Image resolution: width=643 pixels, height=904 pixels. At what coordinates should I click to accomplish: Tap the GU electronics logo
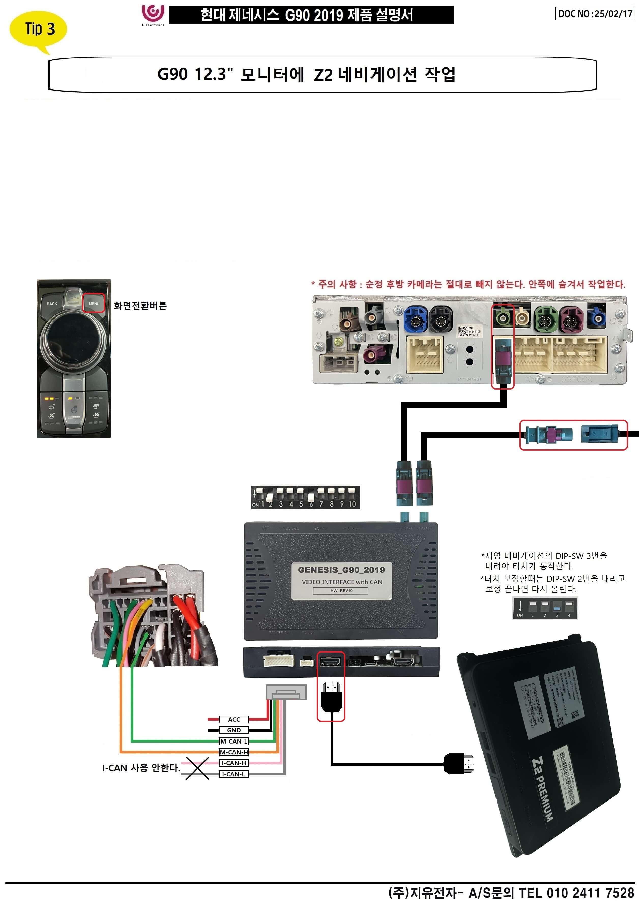(153, 15)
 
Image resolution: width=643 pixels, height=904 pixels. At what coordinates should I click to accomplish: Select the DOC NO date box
(594, 14)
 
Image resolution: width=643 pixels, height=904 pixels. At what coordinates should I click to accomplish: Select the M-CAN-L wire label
(233, 741)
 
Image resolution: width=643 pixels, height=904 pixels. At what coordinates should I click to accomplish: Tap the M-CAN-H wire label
(233, 752)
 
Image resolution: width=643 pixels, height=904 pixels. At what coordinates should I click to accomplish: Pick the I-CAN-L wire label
(233, 774)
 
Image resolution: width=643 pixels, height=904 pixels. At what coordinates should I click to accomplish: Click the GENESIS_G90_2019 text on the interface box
(341, 570)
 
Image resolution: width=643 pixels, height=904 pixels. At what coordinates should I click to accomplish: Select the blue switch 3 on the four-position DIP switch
(557, 606)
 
